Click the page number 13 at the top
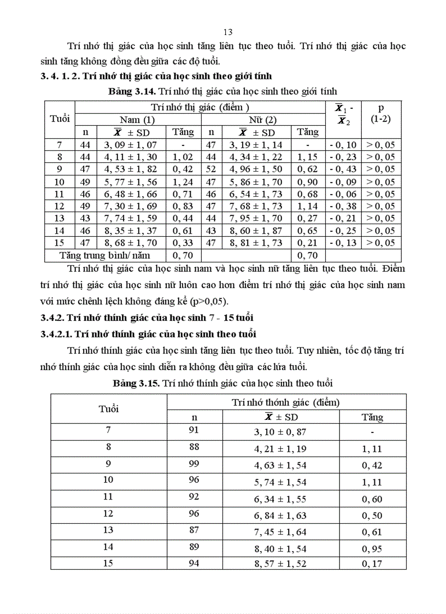[228, 32]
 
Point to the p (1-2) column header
[381, 113]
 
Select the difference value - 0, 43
[343, 169]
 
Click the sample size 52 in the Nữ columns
[210, 169]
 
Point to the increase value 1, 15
[308, 157]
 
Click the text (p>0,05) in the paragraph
[209, 301]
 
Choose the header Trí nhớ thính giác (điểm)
[286, 402]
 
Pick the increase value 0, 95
[372, 549]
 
